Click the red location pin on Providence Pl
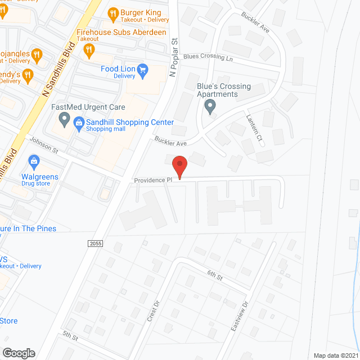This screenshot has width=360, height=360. click(179, 168)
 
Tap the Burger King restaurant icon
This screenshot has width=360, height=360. click(112, 12)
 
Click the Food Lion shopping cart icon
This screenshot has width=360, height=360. click(143, 70)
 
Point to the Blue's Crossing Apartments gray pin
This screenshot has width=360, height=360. click(210, 106)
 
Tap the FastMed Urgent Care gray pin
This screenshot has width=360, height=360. click(64, 119)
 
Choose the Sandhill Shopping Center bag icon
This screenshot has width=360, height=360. click(79, 123)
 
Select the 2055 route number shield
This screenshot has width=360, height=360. click(95, 242)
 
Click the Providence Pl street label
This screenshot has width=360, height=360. click(153, 181)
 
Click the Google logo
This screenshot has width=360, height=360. click(19, 353)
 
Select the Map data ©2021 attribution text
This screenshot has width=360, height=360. click(335, 355)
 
